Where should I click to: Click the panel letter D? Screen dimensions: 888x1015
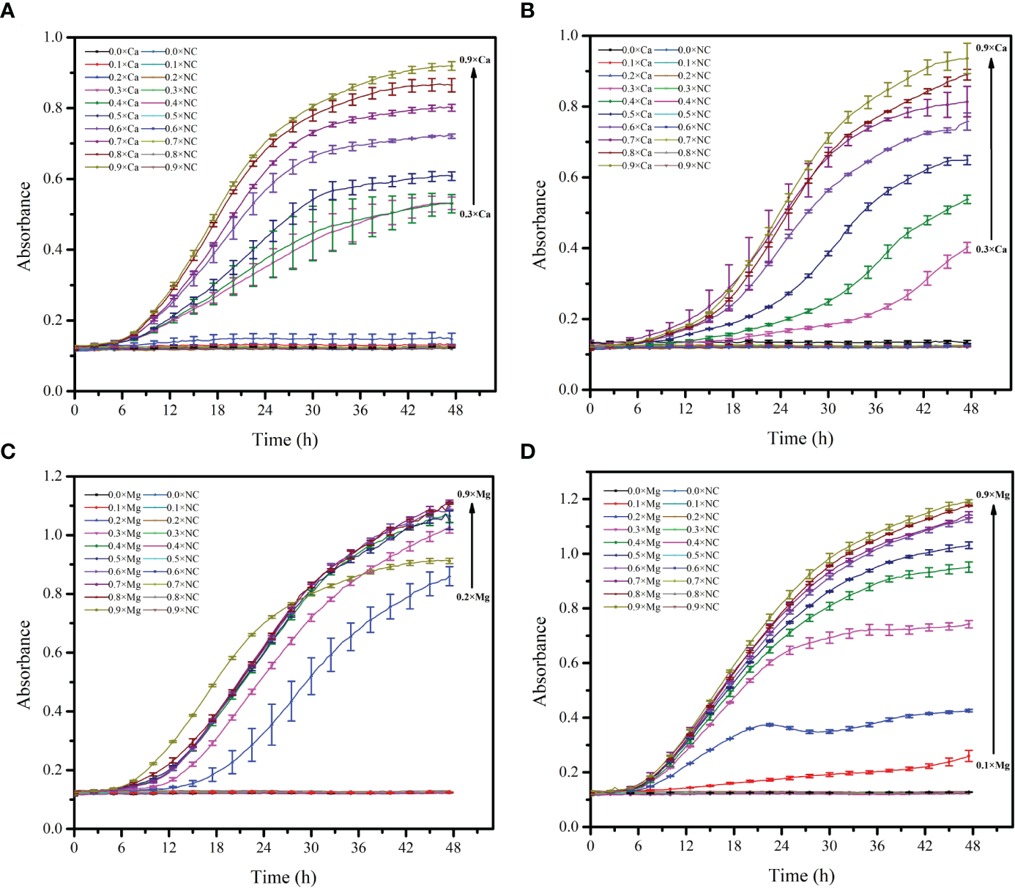tap(527, 452)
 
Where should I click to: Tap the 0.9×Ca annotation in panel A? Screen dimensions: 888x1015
tap(475, 60)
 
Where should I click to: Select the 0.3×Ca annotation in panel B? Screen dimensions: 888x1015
tap(991, 250)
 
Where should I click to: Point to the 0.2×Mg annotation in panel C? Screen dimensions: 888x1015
tap(473, 597)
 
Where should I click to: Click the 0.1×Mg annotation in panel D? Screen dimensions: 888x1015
tap(992, 766)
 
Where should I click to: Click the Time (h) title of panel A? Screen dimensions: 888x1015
tap(285, 439)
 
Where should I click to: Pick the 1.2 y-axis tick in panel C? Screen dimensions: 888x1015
tap(53, 476)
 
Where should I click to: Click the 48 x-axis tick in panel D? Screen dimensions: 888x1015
tap(973, 846)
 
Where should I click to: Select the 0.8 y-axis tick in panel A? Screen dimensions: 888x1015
tap(53, 108)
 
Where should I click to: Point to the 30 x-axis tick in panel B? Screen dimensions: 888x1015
tap(828, 408)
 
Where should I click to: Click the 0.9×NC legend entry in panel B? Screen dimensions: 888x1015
tap(693, 166)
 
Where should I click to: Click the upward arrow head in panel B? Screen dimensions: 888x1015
tap(992, 62)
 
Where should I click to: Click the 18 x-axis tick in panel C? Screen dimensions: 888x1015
tap(216, 848)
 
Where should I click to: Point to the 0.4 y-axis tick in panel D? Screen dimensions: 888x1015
tap(569, 717)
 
